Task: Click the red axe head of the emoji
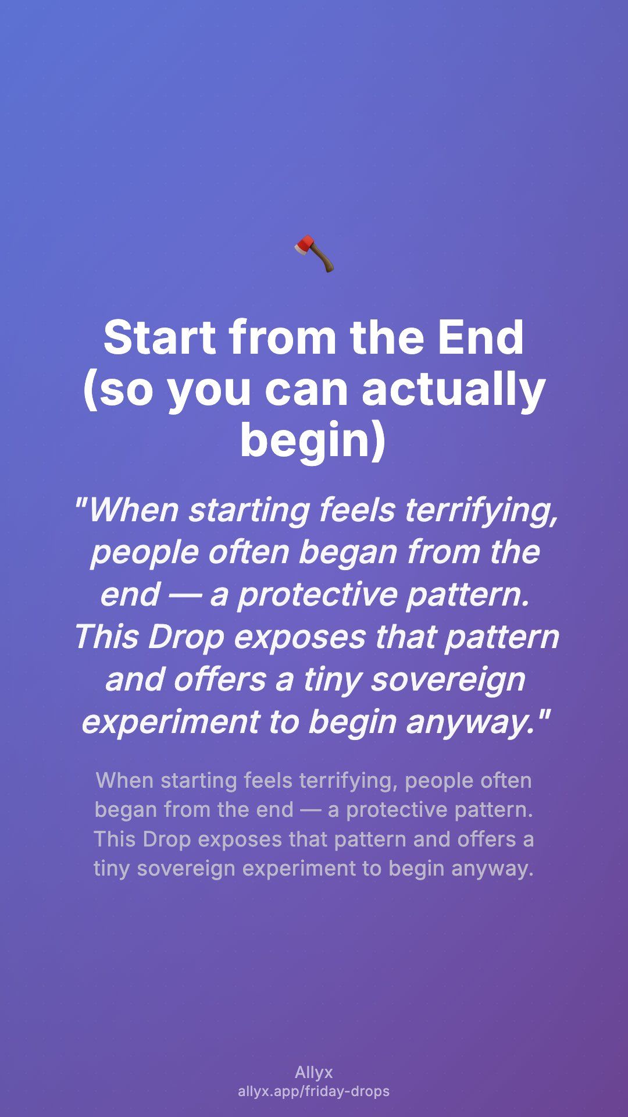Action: (305, 246)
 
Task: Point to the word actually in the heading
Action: (454, 390)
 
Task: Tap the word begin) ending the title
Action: (313, 440)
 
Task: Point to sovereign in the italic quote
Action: (448, 680)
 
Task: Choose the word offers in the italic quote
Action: (220, 680)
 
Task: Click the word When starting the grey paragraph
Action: (125, 781)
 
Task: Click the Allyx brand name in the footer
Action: (314, 1073)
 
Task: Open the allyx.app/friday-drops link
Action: (314, 1091)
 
